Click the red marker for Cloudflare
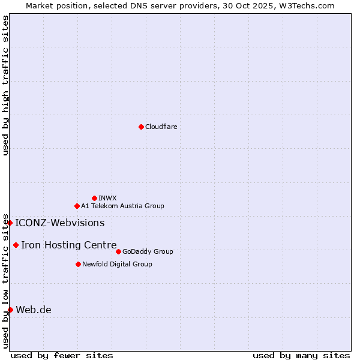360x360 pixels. tap(141, 127)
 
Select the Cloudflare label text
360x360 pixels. tap(161, 127)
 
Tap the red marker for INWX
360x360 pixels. tap(94, 198)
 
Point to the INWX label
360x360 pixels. tap(107, 198)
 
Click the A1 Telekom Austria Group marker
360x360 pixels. tap(77, 206)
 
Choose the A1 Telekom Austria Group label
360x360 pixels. tap(122, 206)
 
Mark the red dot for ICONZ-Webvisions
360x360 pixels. tap(10, 223)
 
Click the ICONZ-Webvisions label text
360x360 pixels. tap(59, 223)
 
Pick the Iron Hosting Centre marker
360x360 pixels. tap(16, 245)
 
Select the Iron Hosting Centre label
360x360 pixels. tap(68, 245)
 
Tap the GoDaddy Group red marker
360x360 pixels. tap(118, 251)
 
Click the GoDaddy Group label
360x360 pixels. tap(147, 251)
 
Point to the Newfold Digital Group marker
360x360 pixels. tap(78, 264)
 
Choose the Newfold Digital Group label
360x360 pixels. tap(117, 264)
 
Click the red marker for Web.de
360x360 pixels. tap(10, 310)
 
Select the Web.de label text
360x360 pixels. tap(34, 310)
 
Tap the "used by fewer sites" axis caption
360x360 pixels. tap(62, 355)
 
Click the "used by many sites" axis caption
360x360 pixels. tap(301, 355)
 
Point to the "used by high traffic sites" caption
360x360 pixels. tap(5, 85)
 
